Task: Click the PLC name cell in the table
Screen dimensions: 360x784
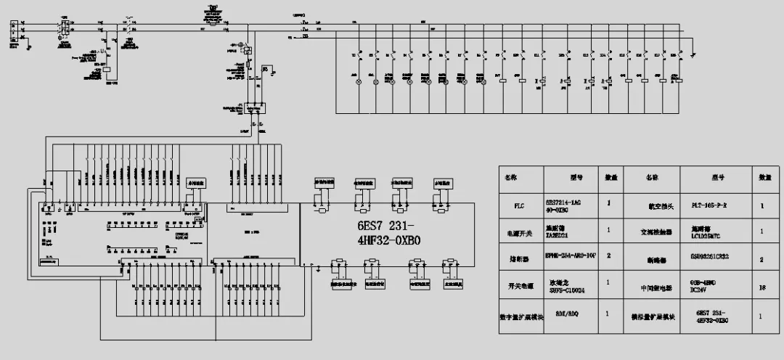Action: [518, 205]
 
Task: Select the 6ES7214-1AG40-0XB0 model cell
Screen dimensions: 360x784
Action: [572, 205]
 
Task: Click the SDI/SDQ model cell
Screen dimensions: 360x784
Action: [572, 316]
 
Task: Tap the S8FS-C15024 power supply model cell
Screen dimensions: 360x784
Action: [572, 289]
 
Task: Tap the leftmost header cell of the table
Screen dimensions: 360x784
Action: [518, 177]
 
